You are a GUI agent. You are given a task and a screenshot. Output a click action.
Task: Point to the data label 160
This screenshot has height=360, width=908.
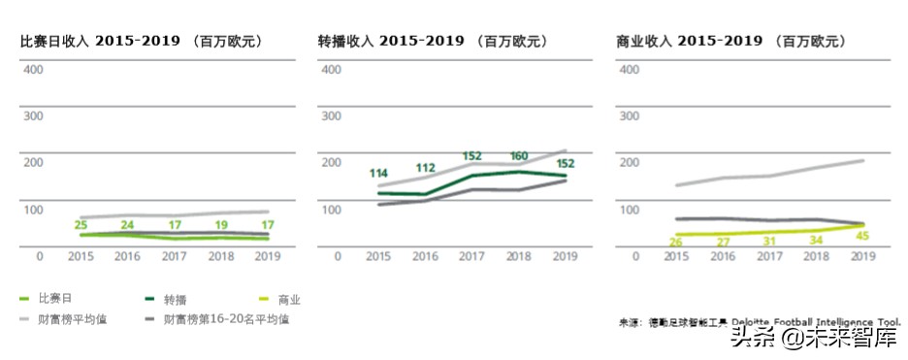tap(518, 156)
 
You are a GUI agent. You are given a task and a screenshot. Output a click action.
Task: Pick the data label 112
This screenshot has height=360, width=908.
tap(424, 168)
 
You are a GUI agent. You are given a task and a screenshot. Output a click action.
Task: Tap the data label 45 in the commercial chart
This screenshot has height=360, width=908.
tap(861, 233)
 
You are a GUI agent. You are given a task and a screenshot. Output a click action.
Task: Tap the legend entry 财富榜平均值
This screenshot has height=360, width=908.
tap(71, 318)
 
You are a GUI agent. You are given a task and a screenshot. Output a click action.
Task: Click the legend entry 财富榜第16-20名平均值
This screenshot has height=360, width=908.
tap(225, 318)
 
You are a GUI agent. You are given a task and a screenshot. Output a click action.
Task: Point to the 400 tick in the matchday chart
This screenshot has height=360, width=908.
tap(32, 70)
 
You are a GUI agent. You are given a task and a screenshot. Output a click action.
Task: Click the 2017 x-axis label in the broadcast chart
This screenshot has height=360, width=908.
tap(471, 256)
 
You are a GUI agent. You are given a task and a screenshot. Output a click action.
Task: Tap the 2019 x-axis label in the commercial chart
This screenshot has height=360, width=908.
tap(862, 256)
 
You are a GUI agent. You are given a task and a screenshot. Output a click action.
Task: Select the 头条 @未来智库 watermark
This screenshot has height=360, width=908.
tap(813, 339)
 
